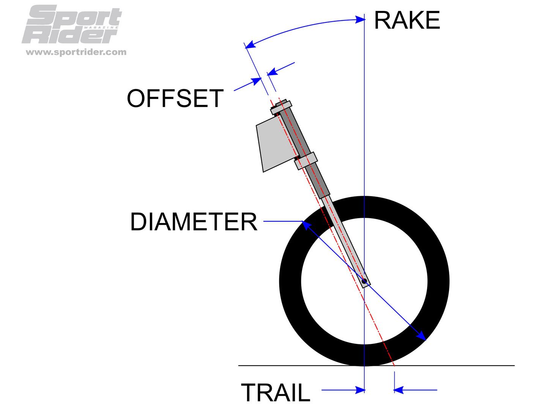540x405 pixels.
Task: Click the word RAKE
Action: pos(406,20)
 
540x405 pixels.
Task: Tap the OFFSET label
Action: pos(175,99)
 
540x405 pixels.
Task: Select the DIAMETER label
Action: pos(194,222)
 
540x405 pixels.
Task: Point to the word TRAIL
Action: pos(276,392)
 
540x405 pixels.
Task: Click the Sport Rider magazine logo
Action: pos(72,25)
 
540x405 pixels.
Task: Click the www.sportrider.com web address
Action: pos(76,52)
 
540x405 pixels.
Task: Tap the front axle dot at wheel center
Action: pos(364,281)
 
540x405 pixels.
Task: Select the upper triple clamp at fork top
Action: pos(281,107)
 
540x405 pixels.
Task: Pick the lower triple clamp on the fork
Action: pos(306,161)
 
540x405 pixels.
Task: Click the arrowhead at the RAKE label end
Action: pos(360,19)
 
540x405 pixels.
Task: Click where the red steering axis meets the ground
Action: pos(394,366)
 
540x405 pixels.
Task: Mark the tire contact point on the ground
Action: pos(364,366)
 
